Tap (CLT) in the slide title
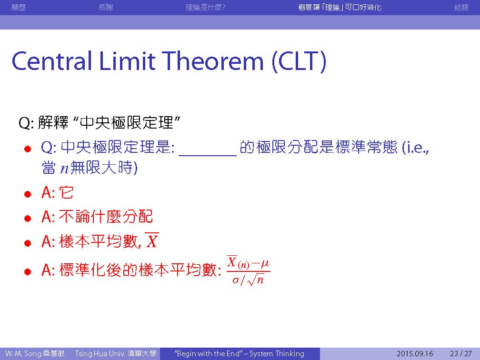pos(299,61)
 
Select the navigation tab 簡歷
pos(19,7)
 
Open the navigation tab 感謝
pos(106,7)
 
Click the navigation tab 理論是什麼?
pos(205,7)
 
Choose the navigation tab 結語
pos(461,7)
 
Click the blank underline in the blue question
pos(208,156)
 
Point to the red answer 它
pos(67,192)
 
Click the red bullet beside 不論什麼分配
pos(28,218)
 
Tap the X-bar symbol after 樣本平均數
pos(151,240)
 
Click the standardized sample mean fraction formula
pos(248,270)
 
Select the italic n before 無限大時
pos(65,169)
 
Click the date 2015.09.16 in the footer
pos(415,354)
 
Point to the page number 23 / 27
pos(461,354)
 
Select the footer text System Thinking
pos(277,354)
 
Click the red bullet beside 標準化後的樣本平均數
pos(28,271)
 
